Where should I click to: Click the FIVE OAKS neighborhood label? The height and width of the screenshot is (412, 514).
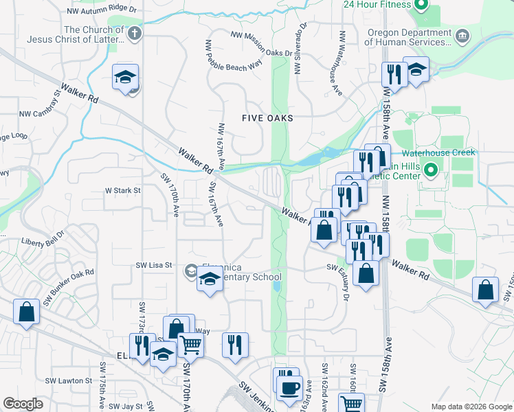(x=267, y=118)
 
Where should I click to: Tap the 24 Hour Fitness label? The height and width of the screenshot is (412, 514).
(x=376, y=3)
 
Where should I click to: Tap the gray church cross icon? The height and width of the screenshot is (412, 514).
(x=134, y=32)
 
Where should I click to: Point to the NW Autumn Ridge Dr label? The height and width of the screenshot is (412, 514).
(x=103, y=12)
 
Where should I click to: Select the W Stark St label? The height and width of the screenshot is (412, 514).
(x=122, y=190)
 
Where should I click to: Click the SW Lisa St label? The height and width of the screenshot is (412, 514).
(x=153, y=264)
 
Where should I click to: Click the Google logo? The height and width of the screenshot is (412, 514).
(x=23, y=404)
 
